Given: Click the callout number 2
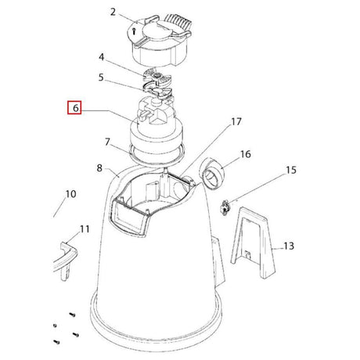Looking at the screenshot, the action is (113, 12).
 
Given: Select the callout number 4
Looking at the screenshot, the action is (101, 57).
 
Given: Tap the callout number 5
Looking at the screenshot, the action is (101, 77).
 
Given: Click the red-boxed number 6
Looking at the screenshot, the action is (74, 107).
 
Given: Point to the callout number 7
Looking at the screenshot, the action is (107, 142).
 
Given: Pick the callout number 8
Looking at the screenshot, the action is (99, 168).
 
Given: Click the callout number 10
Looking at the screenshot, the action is (70, 194).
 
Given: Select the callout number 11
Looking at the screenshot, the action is (85, 229).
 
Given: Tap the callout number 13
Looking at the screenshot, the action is (289, 246).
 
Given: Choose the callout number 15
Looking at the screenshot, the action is (291, 170).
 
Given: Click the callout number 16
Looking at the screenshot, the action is (246, 154).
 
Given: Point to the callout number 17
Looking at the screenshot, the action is (236, 121).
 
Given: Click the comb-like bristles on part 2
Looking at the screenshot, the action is (180, 22).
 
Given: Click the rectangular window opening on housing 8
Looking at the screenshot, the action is (128, 217).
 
